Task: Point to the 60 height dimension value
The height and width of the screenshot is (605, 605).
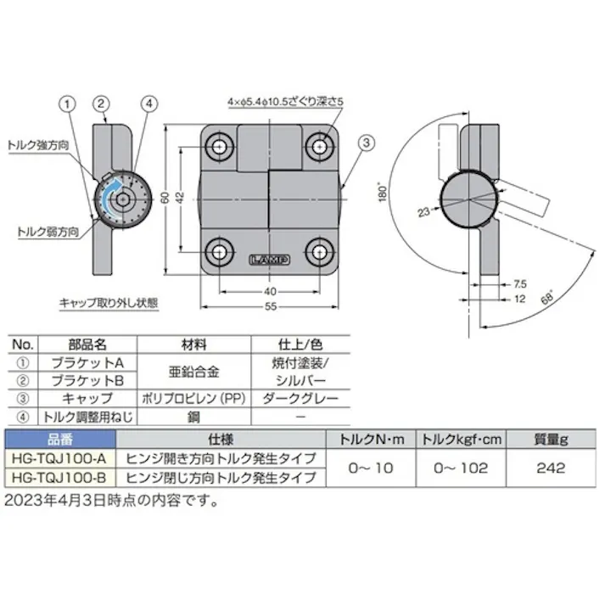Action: [164, 198]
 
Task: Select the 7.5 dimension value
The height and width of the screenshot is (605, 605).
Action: [519, 284]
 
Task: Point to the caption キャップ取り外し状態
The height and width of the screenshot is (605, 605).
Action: [109, 301]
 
